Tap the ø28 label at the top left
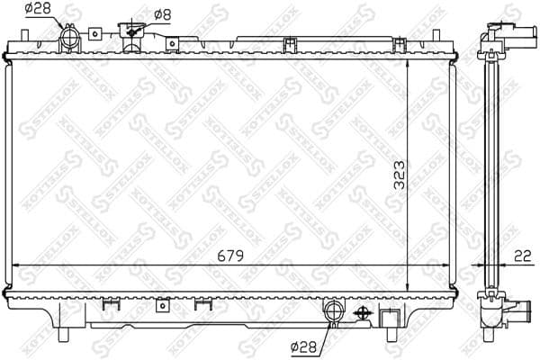[37, 9]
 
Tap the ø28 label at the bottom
[303, 344]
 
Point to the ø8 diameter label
[162, 13]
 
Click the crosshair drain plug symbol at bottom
[364, 313]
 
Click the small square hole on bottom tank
[162, 304]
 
